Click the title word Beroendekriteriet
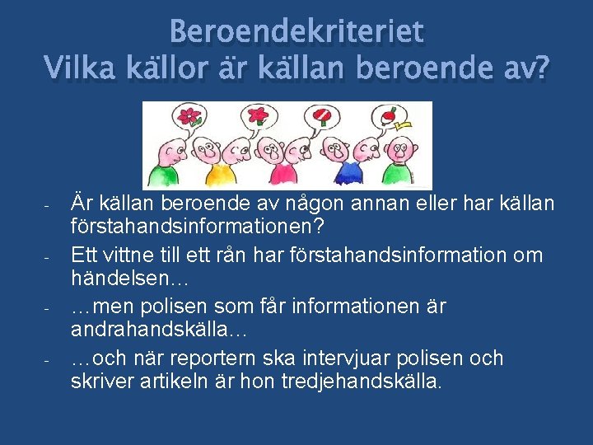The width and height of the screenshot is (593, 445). click(296, 31)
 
